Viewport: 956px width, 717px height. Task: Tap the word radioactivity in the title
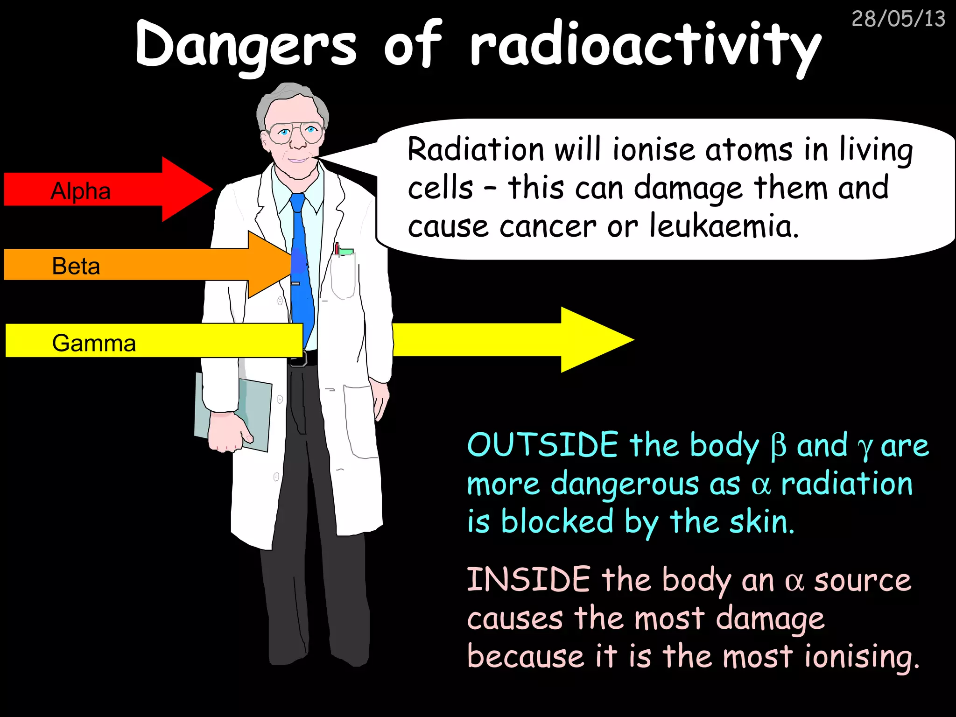pyautogui.click(x=645, y=47)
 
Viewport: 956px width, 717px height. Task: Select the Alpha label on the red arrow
pyautogui.click(x=81, y=191)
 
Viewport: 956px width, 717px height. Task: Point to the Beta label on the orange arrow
pyautogui.click(x=76, y=266)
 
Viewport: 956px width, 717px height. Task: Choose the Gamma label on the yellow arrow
pyautogui.click(x=94, y=343)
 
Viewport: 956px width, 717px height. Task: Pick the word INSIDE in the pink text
pyautogui.click(x=529, y=579)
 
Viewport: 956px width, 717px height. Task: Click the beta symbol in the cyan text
pyautogui.click(x=778, y=446)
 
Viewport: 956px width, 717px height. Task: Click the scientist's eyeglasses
pyautogui.click(x=295, y=133)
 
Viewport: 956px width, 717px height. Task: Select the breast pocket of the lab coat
pyautogui.click(x=343, y=275)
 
